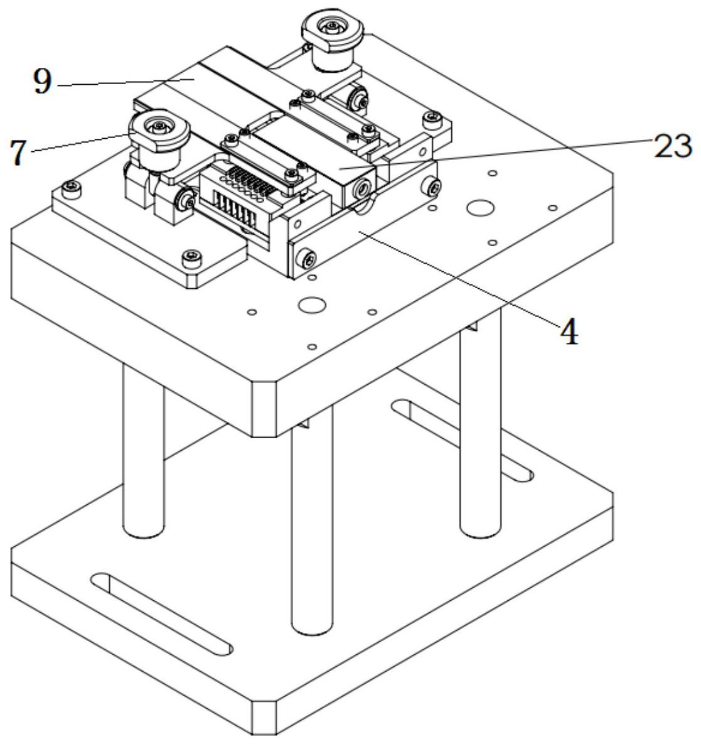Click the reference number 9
click(41, 82)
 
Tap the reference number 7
click(20, 153)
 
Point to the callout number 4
click(569, 332)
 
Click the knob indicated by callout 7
click(159, 132)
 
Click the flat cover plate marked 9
click(207, 88)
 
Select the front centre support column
click(312, 527)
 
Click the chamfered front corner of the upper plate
click(264, 408)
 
